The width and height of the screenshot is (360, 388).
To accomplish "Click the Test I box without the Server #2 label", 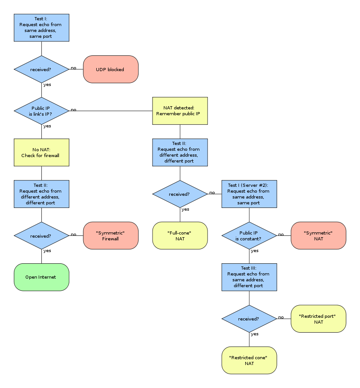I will click(41, 27).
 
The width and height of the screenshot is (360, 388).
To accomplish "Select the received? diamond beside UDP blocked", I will click(41, 69).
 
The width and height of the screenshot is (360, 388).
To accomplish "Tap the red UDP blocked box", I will click(111, 69).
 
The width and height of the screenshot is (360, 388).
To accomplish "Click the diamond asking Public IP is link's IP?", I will click(41, 111).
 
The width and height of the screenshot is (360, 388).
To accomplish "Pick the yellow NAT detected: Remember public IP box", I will click(180, 111).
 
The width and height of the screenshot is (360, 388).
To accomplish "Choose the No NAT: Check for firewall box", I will click(41, 153).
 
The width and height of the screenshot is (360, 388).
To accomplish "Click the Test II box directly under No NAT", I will click(41, 194).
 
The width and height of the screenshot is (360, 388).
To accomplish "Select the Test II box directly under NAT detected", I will click(180, 153).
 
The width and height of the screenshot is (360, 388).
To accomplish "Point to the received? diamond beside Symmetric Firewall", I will click(41, 235).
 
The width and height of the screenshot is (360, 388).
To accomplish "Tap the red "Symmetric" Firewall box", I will click(111, 235).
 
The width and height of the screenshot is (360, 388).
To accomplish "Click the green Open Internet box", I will click(41, 277).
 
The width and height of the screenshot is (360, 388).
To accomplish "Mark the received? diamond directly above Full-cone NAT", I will click(180, 194).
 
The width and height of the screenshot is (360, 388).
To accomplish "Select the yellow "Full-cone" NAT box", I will click(180, 235).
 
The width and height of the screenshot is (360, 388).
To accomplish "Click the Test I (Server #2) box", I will click(249, 194).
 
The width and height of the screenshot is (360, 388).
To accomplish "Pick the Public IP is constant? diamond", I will click(249, 235).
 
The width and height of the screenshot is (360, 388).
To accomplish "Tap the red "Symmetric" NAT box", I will click(319, 235).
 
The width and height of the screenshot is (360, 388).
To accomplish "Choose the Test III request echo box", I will click(249, 277).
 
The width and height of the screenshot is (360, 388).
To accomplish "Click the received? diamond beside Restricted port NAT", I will click(249, 319).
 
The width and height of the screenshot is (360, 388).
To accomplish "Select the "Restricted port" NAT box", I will click(319, 319).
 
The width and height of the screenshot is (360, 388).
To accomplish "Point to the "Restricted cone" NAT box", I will click(249, 360).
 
